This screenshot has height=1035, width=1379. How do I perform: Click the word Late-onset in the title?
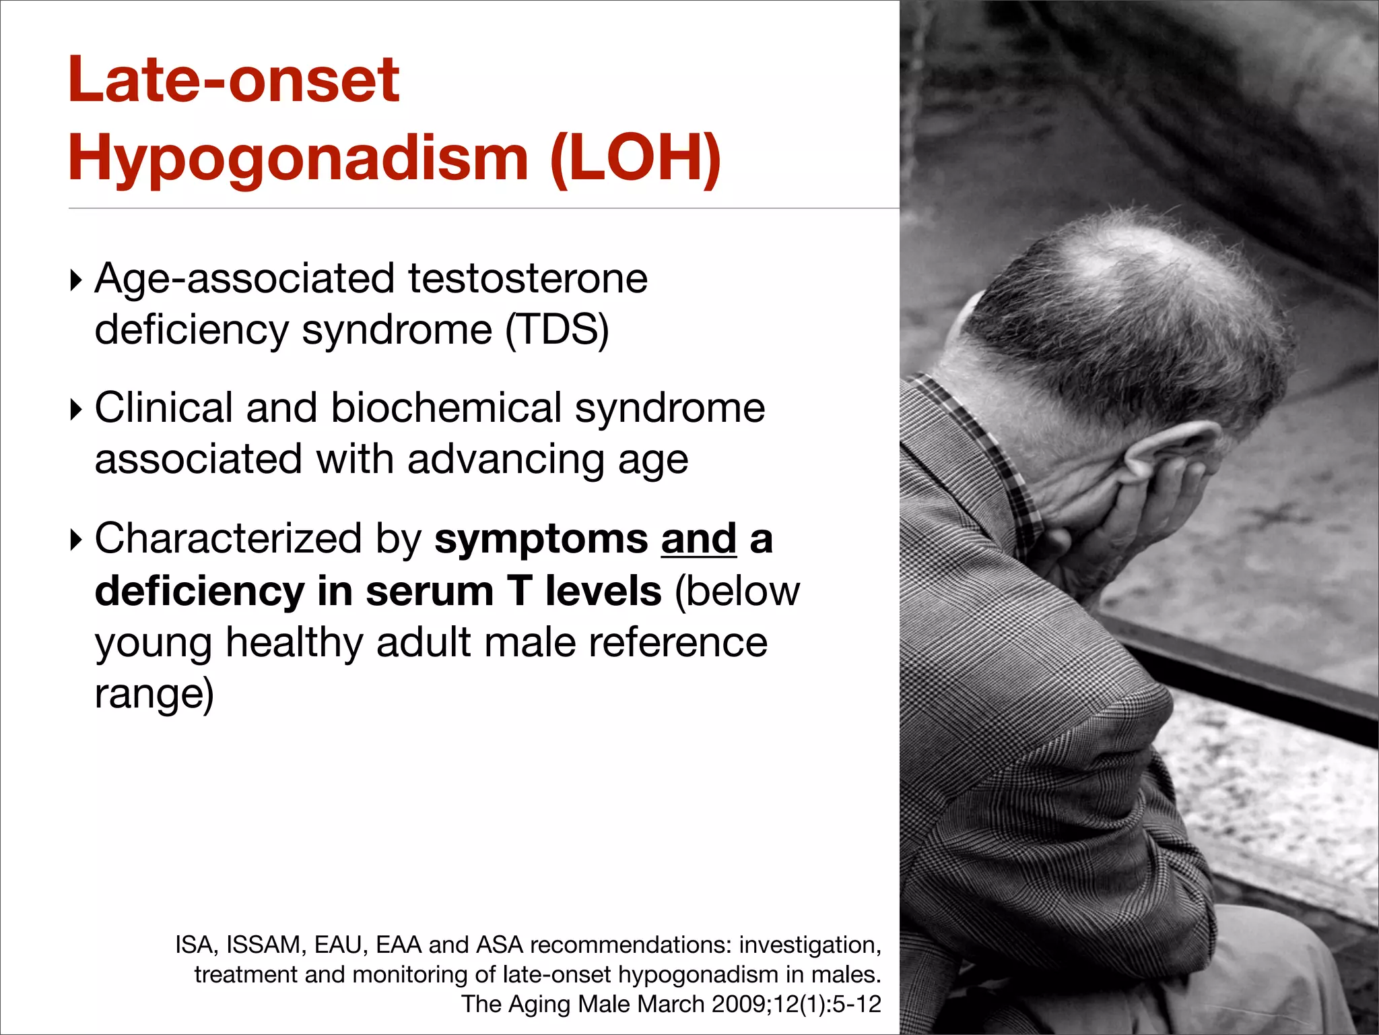(x=234, y=80)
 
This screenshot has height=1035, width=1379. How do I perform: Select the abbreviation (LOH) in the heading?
(x=635, y=158)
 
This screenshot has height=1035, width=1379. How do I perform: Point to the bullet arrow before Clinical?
(x=76, y=409)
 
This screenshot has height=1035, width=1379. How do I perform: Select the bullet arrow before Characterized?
(x=76, y=539)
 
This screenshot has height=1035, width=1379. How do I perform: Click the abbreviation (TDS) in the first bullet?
(x=557, y=330)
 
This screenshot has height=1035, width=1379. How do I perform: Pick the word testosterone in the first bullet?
(x=527, y=278)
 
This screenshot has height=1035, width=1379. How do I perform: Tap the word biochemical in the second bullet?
(x=446, y=408)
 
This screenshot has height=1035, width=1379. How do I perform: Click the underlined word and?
(x=699, y=539)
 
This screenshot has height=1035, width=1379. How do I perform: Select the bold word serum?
(x=430, y=591)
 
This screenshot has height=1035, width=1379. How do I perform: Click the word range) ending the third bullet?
(x=154, y=694)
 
